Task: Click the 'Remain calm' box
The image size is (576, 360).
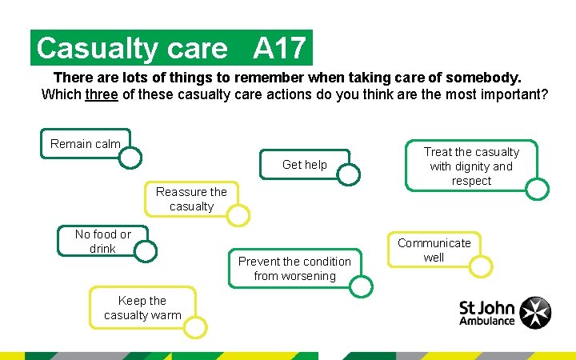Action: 85,144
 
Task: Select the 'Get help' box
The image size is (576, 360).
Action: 304,165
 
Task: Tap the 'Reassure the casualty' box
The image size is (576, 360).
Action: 191,199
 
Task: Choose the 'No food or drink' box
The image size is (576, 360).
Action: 102,242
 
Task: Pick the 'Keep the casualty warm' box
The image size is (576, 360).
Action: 142,308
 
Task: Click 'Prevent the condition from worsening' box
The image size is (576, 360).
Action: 294,269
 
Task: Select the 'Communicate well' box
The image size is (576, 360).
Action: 434,250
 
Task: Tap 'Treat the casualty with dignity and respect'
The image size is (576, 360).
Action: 471,166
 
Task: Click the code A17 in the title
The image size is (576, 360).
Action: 279,49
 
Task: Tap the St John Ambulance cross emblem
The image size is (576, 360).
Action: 535,313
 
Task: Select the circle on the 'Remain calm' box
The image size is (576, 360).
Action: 130,158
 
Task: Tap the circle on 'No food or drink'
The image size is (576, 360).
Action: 145,251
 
